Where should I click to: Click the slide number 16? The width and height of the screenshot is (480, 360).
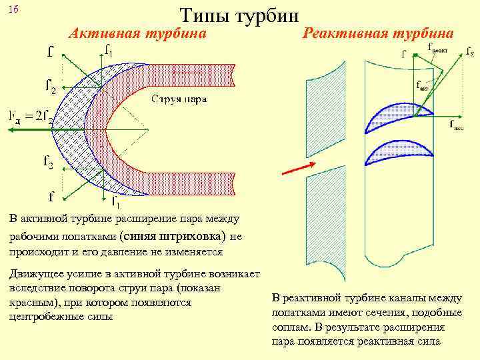pos(14,9)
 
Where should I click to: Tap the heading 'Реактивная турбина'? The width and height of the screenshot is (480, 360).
pos(379,33)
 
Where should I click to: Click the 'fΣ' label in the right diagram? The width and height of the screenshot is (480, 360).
pos(469,51)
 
